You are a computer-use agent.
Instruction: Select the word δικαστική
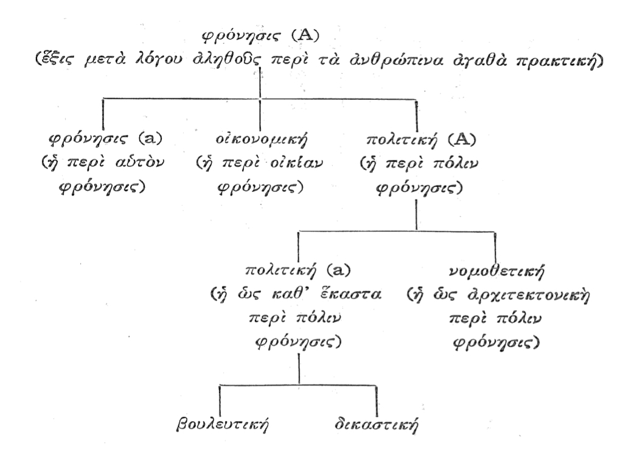[376, 424]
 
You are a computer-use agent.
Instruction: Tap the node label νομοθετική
[496, 271]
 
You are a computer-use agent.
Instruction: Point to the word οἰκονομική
[262, 140]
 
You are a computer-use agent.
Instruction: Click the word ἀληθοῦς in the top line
[228, 60]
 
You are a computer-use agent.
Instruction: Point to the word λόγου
[160, 60]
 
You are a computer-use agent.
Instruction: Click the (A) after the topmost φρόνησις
[305, 36]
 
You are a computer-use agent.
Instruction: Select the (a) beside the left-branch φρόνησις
[150, 139]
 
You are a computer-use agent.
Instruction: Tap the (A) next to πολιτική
[461, 140]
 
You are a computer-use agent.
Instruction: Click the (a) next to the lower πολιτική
[338, 271]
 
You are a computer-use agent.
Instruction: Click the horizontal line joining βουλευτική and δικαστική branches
[298, 385]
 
